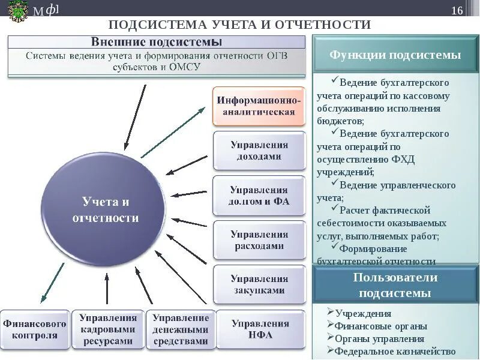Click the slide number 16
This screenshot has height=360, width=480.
(457, 11)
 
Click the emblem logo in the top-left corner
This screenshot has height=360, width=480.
(17, 11)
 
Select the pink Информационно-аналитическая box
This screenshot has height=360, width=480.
(259, 105)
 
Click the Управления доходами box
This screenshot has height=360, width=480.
(259, 151)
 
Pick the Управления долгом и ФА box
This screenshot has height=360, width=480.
(259, 196)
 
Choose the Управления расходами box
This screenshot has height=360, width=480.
(259, 240)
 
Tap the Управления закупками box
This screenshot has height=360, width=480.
(259, 284)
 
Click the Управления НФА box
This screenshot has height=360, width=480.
(260, 329)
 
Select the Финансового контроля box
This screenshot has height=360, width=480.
(34, 329)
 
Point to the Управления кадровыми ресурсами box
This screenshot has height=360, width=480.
(108, 329)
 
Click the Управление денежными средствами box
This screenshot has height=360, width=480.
(180, 329)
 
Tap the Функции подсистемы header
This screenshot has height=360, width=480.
(395, 55)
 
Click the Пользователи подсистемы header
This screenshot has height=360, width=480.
(395, 285)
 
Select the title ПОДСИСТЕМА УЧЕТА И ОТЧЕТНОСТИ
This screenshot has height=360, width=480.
(240, 25)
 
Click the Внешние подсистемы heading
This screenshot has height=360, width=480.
(157, 42)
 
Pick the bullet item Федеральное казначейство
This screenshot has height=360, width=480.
(395, 352)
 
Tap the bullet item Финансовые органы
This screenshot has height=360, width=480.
(381, 326)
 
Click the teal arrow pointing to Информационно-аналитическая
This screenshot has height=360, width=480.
(174, 133)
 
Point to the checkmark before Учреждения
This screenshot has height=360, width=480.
(331, 313)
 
